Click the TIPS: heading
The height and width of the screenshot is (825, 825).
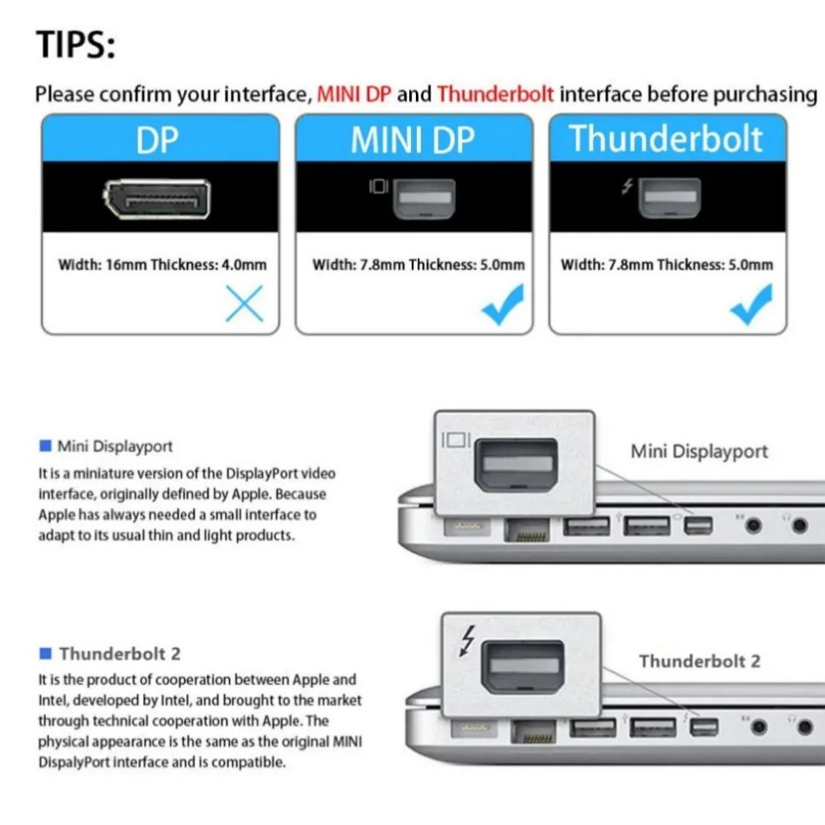click(75, 44)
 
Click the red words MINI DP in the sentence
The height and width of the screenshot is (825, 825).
click(355, 94)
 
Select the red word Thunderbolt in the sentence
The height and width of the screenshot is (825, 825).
click(495, 94)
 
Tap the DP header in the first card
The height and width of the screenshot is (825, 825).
click(159, 140)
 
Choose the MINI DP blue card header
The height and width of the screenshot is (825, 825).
click(413, 140)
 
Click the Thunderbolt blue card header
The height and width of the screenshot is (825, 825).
click(666, 139)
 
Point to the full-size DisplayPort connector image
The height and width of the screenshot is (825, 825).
click(158, 197)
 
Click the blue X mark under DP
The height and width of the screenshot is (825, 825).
click(245, 303)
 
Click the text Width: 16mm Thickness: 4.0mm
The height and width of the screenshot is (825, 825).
click(162, 264)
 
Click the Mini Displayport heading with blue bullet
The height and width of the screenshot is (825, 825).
click(114, 446)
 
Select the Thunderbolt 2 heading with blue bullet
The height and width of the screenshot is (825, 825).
click(119, 654)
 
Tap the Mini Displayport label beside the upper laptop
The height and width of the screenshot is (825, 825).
click(699, 451)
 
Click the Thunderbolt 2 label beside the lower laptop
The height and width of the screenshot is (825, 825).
click(699, 661)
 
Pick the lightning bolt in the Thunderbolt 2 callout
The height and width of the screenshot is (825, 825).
click(467, 642)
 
